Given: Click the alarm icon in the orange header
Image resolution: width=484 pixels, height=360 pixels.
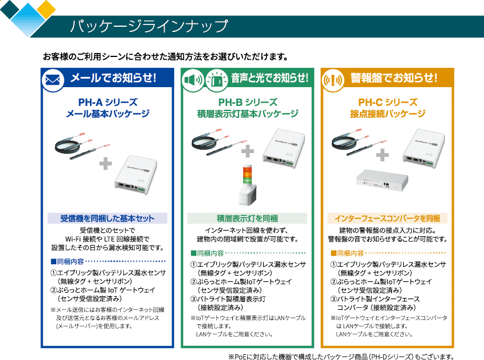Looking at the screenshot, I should click(x=333, y=80).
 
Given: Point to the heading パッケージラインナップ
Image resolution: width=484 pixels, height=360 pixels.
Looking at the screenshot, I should click(x=149, y=26).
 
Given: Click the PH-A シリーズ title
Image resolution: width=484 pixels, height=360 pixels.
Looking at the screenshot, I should click(x=108, y=103).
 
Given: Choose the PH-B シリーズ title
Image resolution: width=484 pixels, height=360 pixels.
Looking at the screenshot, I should click(x=248, y=103).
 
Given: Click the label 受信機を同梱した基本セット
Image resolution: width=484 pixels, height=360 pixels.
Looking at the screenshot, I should click(x=108, y=218).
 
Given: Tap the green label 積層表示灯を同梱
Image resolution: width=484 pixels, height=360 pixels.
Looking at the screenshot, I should click(x=247, y=218).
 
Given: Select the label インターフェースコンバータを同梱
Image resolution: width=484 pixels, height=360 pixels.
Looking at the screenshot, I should click(x=387, y=218).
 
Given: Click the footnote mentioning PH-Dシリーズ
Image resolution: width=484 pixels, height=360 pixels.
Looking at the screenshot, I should click(x=341, y=355).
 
